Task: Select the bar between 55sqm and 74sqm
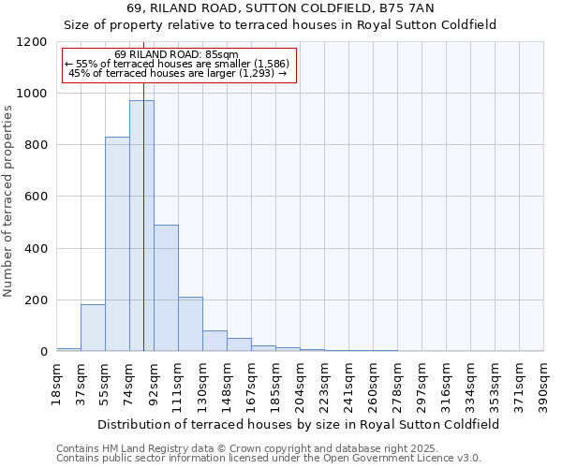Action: (117, 244)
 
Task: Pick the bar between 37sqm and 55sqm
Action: (93, 328)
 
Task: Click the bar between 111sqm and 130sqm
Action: (190, 324)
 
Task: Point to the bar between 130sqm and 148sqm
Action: (214, 341)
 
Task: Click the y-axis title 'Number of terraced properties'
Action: (9, 200)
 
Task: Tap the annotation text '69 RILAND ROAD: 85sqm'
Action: (178, 54)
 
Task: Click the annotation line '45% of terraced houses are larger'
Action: (178, 73)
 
